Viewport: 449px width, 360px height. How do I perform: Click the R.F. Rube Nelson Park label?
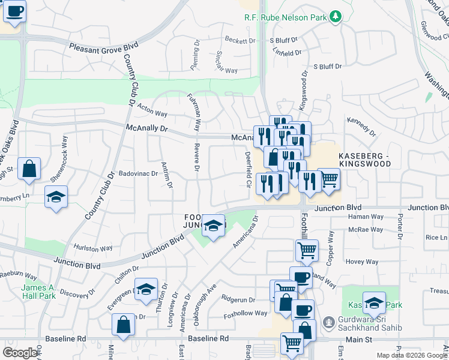coord(285,17)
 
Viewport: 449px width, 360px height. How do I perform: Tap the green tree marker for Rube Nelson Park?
coord(336,17)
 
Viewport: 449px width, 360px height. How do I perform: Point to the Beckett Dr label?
coord(240,41)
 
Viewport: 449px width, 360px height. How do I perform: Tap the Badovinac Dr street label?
coord(137,173)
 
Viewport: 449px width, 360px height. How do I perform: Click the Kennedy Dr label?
coord(360,125)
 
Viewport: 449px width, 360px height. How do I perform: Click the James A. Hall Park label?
coord(38,292)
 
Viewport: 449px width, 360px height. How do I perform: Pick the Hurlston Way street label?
coord(92,248)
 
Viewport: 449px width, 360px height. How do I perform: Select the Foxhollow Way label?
coord(245,313)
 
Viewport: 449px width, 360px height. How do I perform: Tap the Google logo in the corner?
coord(20,353)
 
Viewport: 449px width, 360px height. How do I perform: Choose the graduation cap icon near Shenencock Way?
coord(56,196)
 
